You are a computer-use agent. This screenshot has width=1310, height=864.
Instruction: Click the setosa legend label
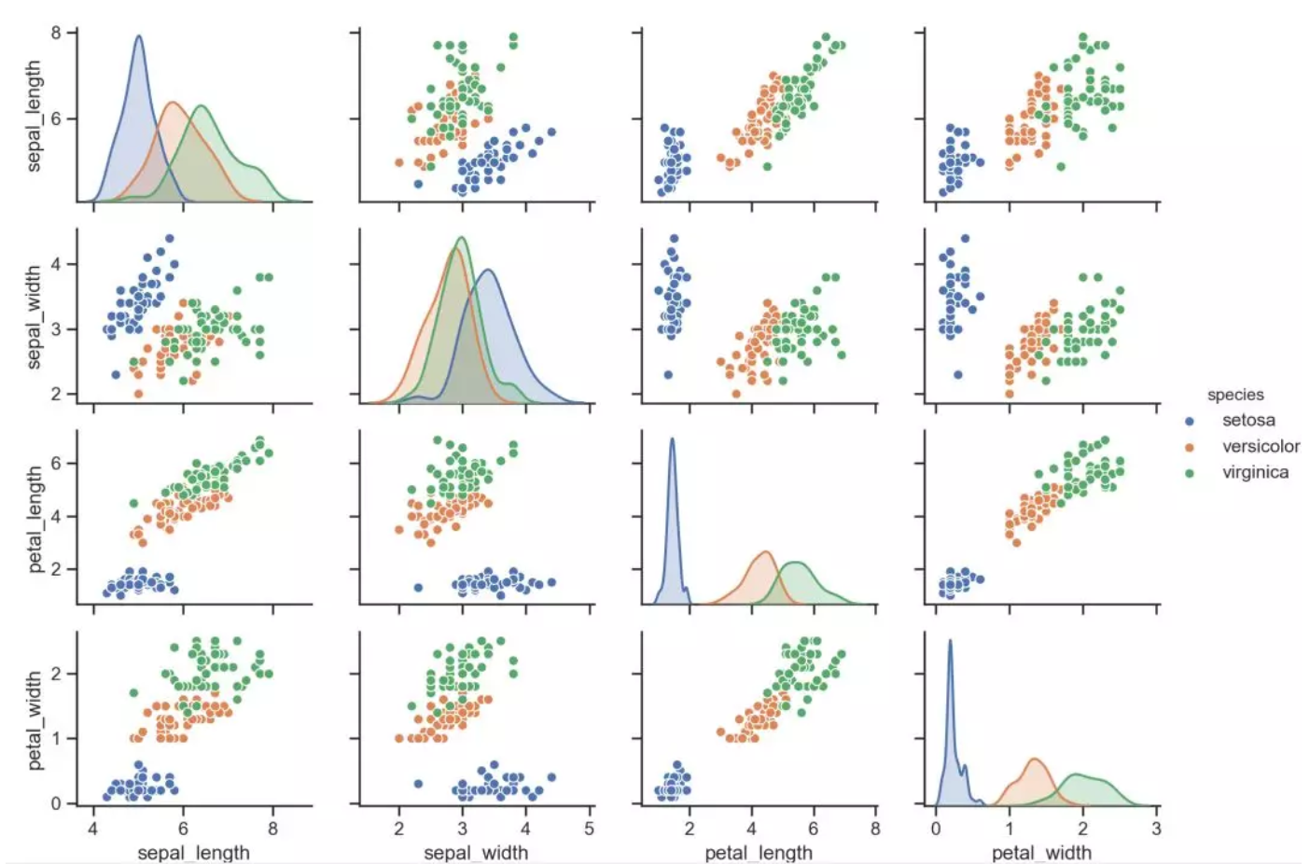[1248, 421]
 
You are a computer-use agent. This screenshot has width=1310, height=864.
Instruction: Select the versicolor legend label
[1261, 447]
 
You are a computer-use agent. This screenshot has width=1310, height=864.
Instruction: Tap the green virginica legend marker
[1190, 473]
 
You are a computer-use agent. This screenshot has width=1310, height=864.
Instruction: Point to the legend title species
[1235, 395]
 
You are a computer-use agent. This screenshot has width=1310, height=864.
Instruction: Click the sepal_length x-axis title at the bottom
[193, 853]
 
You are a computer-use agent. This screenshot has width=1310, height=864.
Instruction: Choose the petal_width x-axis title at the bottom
[1041, 853]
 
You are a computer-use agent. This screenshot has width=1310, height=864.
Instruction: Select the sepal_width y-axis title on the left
[35, 317]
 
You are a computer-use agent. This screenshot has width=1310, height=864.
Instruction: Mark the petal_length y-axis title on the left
[35, 520]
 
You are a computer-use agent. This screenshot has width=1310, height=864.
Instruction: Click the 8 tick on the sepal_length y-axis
[56, 33]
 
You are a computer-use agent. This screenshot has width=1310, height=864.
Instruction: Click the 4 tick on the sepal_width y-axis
[56, 264]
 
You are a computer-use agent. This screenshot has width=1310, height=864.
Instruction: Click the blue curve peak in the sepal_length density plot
[139, 36]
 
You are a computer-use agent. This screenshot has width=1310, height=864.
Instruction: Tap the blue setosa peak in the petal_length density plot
[672, 439]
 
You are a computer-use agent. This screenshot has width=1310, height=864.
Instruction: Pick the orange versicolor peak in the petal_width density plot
[1034, 759]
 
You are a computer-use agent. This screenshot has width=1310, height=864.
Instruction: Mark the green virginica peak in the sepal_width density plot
[461, 238]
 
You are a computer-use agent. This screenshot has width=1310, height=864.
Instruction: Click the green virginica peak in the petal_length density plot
[797, 563]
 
